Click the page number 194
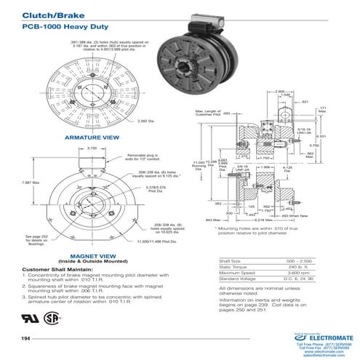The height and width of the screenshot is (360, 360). (26, 340)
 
